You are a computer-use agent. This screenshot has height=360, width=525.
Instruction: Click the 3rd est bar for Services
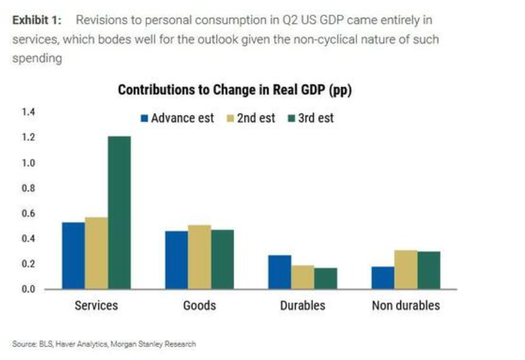tap(119, 213)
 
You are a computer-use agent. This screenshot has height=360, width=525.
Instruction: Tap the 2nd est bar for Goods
tap(199, 257)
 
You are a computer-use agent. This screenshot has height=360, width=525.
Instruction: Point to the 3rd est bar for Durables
tap(326, 278)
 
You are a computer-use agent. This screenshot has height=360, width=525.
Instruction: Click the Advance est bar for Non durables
tap(383, 278)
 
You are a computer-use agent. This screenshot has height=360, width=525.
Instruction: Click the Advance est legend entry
tap(177, 118)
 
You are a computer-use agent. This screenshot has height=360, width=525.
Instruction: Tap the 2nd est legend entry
tap(251, 118)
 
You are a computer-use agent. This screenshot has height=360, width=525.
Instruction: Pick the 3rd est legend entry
tap(311, 118)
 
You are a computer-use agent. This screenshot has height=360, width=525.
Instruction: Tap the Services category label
tap(97, 305)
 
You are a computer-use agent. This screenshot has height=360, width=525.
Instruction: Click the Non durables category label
tap(406, 305)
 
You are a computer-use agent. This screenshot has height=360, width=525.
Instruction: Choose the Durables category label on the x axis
tap(302, 305)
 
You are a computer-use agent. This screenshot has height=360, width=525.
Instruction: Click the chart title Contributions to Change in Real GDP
tap(234, 90)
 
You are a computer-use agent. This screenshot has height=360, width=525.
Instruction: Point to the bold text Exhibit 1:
tap(36, 20)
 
